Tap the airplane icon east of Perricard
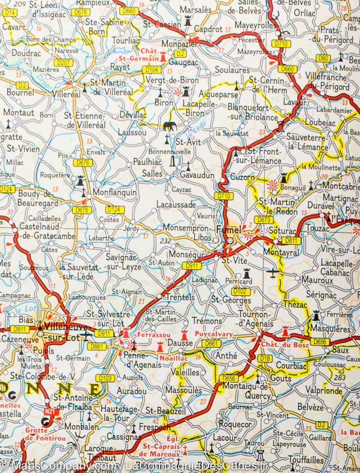(272, 272)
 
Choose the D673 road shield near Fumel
(263, 220)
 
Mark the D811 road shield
(291, 240)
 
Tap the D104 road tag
(151, 70)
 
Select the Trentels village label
(181, 296)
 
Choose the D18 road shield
(265, 358)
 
